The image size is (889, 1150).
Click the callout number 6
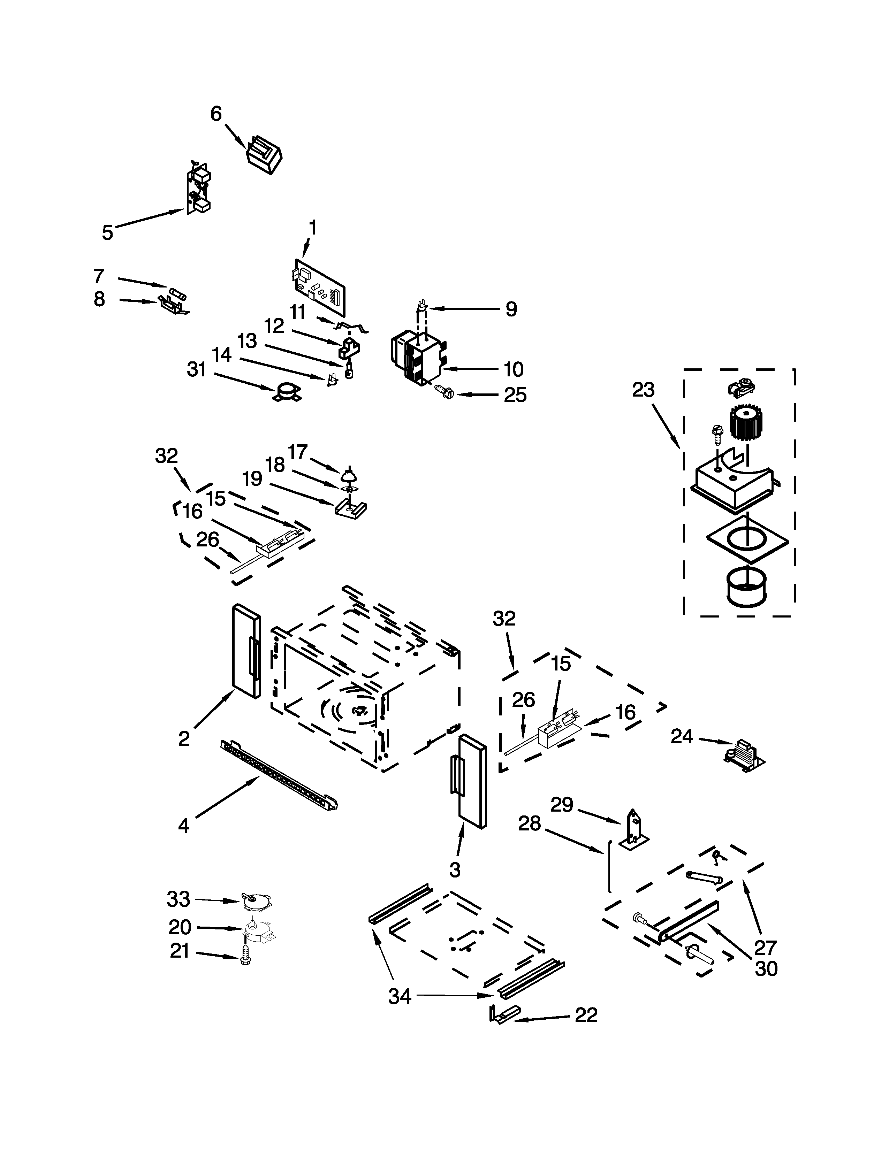coord(216,114)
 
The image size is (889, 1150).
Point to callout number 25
coord(515,395)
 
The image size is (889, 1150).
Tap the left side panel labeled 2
coord(246,651)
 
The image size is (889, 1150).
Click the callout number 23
coord(643,390)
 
